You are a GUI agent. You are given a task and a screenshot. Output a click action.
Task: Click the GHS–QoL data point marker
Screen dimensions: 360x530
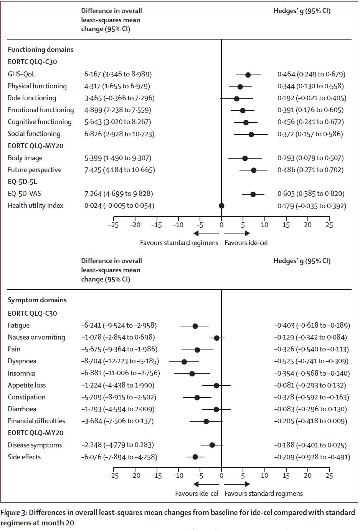click(248, 75)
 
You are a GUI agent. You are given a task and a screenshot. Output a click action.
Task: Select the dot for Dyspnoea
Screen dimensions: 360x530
click(184, 362)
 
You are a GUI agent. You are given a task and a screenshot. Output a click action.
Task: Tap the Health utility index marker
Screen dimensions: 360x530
click(221, 206)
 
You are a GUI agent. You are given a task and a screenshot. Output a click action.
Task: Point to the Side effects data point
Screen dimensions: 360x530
click(195, 457)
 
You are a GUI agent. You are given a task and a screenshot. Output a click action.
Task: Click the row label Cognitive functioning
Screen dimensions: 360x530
click(40, 122)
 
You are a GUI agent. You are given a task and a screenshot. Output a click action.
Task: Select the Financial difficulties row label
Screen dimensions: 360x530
click(36, 421)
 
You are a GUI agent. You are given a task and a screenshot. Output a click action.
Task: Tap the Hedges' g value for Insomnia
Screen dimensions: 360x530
click(312, 373)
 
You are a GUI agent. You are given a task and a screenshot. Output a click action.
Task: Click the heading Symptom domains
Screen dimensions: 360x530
click(37, 300)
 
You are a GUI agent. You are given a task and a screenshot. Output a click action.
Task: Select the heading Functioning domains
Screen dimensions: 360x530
click(41, 50)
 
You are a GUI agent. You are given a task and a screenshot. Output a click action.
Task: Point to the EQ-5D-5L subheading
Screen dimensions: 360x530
click(23, 182)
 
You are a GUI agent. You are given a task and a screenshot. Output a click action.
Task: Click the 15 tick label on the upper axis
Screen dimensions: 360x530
click(286, 225)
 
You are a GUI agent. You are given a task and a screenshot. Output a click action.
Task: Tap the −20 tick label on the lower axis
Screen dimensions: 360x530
click(135, 476)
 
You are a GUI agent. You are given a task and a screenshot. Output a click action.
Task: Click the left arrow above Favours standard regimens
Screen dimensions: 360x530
click(206, 233)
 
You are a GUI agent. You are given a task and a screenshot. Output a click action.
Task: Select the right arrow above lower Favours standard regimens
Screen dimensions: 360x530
click(237, 484)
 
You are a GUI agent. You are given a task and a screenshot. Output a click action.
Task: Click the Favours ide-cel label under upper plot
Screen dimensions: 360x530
click(246, 243)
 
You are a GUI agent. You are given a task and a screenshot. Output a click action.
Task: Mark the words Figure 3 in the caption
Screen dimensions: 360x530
click(14, 512)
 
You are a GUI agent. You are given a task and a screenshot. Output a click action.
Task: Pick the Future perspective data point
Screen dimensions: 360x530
click(254, 170)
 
